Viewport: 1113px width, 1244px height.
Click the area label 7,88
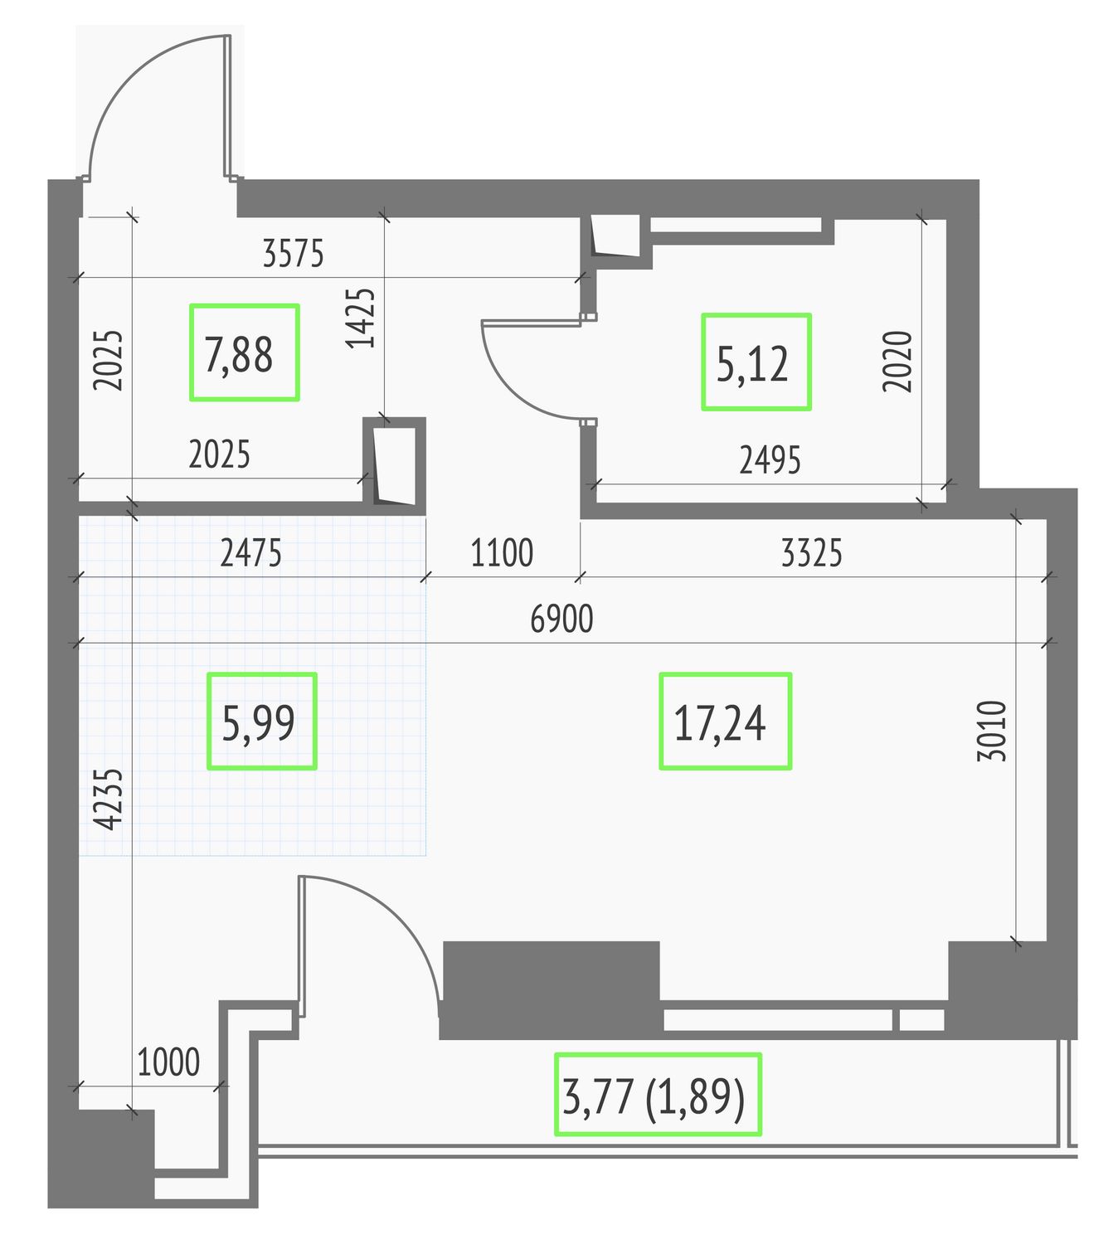pyautogui.click(x=238, y=355)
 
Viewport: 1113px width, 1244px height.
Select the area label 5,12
pyautogui.click(x=752, y=364)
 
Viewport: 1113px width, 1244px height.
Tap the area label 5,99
pyautogui.click(x=258, y=723)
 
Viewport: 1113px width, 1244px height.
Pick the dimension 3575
pyautogui.click(x=293, y=253)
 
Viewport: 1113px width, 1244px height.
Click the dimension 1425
pyautogui.click(x=360, y=318)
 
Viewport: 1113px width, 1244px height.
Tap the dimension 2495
pyautogui.click(x=770, y=460)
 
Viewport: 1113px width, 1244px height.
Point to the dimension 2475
pyautogui.click(x=250, y=552)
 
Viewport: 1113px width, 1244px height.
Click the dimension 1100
pyautogui.click(x=502, y=552)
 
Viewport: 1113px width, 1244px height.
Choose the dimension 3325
pyautogui.click(x=811, y=552)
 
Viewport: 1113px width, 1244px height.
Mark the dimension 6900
pyautogui.click(x=561, y=619)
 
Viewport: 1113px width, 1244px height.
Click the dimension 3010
pyautogui.click(x=991, y=731)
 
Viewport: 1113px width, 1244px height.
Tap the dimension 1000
pyautogui.click(x=168, y=1062)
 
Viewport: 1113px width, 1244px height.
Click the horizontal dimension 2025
pyautogui.click(x=219, y=454)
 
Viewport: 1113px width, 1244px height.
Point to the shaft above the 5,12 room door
pyautogui.click(x=616, y=238)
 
